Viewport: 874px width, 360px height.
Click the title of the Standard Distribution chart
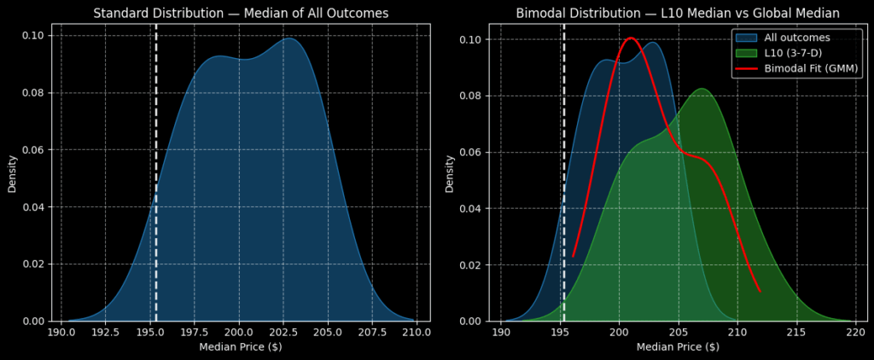pyautogui.click(x=241, y=13)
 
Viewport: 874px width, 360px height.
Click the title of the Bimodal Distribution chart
pyautogui.click(x=678, y=13)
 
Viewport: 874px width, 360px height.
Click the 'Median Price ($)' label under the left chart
pyautogui.click(x=241, y=347)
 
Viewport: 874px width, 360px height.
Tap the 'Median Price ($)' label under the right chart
pyautogui.click(x=678, y=347)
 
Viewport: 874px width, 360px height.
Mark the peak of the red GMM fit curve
pyautogui.click(x=631, y=38)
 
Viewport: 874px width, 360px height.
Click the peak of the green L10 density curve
pyautogui.click(x=701, y=89)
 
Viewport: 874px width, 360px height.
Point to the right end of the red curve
pyautogui.click(x=760, y=292)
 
